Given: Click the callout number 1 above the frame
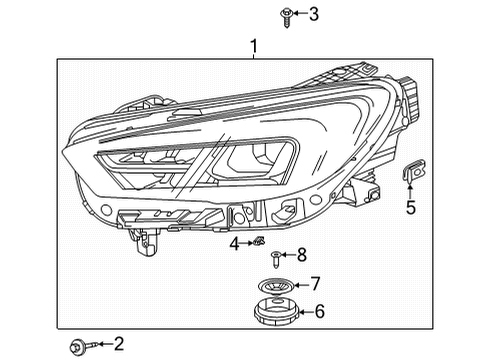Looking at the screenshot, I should point(254,46).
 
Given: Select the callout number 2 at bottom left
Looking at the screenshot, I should point(119,345).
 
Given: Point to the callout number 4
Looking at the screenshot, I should point(233,242).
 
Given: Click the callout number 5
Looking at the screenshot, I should point(409,208).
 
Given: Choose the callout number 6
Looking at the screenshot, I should point(319,312).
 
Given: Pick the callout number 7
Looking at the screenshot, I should point(314,284).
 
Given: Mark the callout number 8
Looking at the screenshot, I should point(301,255).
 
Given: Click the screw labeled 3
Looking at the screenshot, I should point(259,14).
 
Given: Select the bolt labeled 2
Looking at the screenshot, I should point(78,346).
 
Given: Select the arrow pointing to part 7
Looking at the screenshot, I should point(299,284).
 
